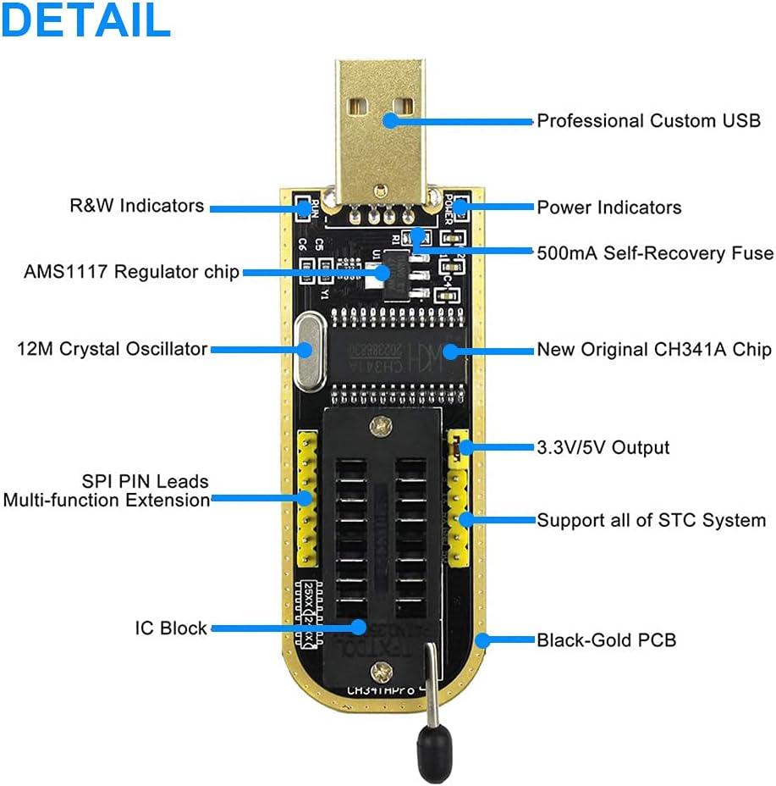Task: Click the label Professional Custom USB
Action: tap(648, 121)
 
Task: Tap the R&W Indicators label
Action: tap(136, 206)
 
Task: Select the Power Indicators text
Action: tap(608, 208)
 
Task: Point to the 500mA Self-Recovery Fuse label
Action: tap(655, 252)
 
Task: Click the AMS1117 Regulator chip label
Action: tap(131, 272)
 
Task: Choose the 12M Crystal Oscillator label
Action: tap(113, 349)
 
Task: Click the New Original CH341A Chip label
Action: tap(654, 350)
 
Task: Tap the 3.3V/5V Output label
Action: tap(603, 447)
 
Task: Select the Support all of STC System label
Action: tap(652, 520)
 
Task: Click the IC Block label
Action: tap(171, 628)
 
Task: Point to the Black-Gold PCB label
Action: tap(606, 639)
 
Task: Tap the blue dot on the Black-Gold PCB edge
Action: tap(482, 639)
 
